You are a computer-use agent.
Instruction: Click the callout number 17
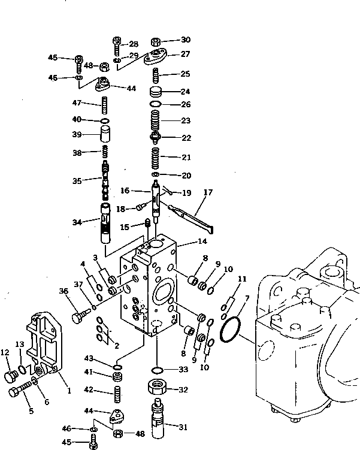coord(208,192)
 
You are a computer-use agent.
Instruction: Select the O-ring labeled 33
coord(157,369)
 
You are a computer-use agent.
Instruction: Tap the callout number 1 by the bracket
coord(68,391)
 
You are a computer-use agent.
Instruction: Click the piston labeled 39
coord(105,134)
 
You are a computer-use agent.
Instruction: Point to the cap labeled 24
coord(157,92)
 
